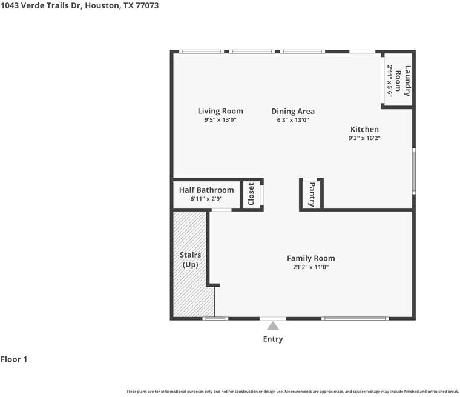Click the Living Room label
[220, 111]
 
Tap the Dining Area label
[292, 111]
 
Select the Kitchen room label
[364, 129]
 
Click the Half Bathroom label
[206, 190]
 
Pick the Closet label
[251, 194]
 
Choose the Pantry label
[312, 195]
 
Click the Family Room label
[310, 258]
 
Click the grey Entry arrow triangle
[273, 326]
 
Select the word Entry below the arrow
[273, 339]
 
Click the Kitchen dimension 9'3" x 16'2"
[364, 138]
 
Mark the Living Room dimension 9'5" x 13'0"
[220, 120]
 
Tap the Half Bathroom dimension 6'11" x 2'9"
[206, 199]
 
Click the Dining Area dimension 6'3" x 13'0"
[292, 120]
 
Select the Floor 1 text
[14, 359]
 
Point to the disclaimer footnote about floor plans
[292, 392]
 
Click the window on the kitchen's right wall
[414, 171]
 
